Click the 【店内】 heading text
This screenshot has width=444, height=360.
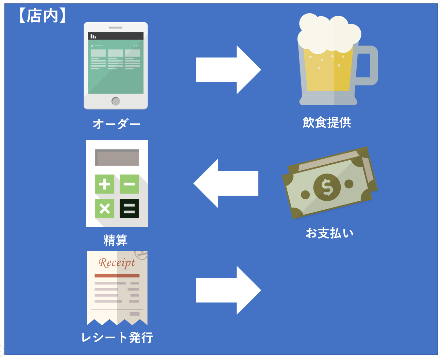point(42,16)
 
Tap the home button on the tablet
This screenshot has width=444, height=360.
point(116,101)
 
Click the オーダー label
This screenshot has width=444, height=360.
point(116,124)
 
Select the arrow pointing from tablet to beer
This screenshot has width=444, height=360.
point(228,70)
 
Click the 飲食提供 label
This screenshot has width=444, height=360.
point(327,122)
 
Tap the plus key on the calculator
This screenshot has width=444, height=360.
point(104,184)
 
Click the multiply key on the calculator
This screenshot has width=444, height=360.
point(104,208)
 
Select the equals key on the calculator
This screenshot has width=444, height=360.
point(129,208)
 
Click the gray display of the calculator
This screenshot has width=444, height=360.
point(117,158)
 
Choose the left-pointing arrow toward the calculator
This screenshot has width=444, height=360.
point(226,183)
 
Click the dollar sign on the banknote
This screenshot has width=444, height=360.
point(327,187)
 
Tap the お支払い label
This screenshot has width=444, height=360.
point(329,233)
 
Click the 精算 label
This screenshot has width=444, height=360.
point(116,240)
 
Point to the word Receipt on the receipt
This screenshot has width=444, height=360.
point(117,263)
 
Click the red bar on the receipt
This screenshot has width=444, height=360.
point(117,276)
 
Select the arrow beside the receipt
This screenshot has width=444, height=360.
point(228,290)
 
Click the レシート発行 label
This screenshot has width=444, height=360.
point(117,338)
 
